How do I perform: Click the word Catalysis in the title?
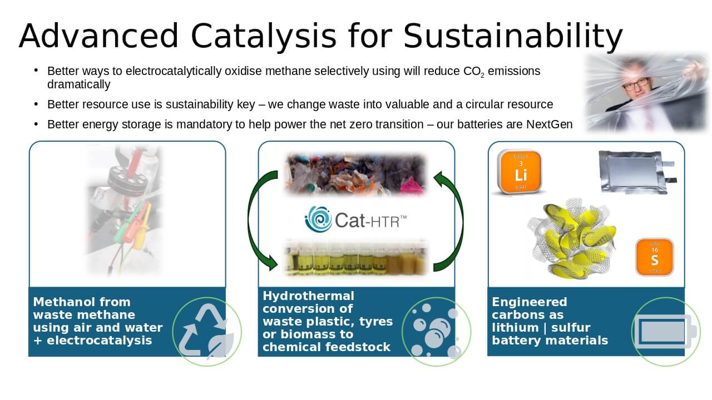(x=263, y=36)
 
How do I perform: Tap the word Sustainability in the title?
(x=513, y=37)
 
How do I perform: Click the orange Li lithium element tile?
(x=520, y=172)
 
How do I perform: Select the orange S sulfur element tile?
(x=655, y=257)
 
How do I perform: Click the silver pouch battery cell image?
(x=637, y=172)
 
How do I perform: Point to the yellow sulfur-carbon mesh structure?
(x=572, y=239)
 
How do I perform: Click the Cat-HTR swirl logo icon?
(x=318, y=219)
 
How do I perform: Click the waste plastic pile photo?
(x=355, y=174)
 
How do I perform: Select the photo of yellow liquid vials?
(x=355, y=258)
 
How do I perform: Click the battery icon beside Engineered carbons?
(x=665, y=332)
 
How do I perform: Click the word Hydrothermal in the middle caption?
(x=308, y=296)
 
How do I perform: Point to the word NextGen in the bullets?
(x=549, y=124)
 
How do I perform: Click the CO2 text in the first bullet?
(x=473, y=72)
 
